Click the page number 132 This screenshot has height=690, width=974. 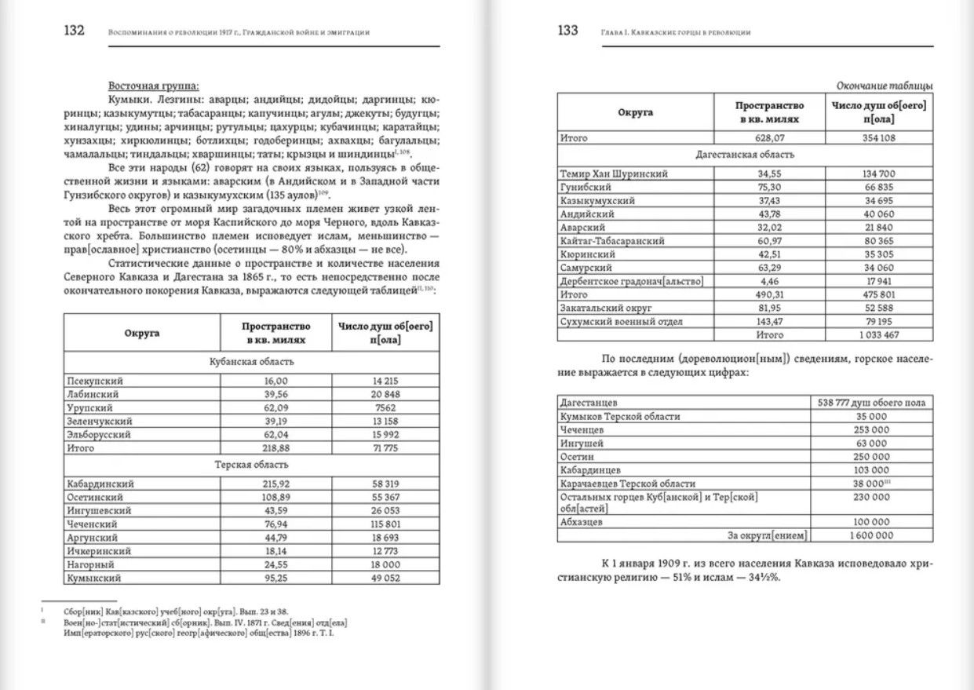pyautogui.click(x=74, y=31)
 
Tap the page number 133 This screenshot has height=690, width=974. pyautogui.click(x=567, y=31)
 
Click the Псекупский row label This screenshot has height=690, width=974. pyautogui.click(x=96, y=381)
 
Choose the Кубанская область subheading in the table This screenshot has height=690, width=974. pyautogui.click(x=251, y=362)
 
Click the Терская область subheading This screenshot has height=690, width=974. pyautogui.click(x=251, y=465)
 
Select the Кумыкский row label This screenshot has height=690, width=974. pyautogui.click(x=94, y=578)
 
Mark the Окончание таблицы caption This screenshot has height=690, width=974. pyautogui.click(x=885, y=86)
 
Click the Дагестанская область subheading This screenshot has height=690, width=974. pyautogui.click(x=745, y=155)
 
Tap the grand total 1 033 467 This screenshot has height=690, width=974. pyautogui.click(x=878, y=334)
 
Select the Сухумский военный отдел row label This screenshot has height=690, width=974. pyautogui.click(x=622, y=321)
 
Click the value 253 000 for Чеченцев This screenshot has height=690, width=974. pyautogui.click(x=871, y=430)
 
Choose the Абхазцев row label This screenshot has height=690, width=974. pyautogui.click(x=582, y=521)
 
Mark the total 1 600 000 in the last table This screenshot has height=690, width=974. pyautogui.click(x=871, y=535)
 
